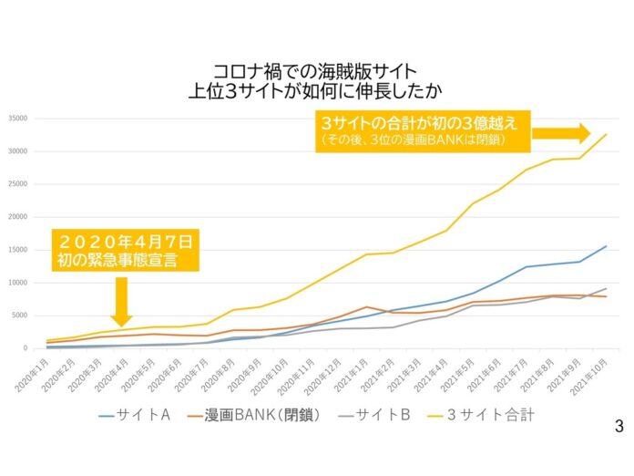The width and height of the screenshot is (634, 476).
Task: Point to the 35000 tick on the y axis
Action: (21, 119)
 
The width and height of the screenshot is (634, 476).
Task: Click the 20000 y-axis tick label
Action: (21, 217)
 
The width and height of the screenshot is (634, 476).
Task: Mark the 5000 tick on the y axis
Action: (23, 316)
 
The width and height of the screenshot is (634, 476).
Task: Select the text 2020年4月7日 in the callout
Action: (126, 242)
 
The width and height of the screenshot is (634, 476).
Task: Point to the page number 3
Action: (619, 426)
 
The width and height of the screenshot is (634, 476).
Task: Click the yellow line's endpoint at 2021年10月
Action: (606, 134)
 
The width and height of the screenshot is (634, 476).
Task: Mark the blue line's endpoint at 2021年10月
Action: (606, 245)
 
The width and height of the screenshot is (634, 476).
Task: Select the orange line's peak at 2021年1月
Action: (366, 307)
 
